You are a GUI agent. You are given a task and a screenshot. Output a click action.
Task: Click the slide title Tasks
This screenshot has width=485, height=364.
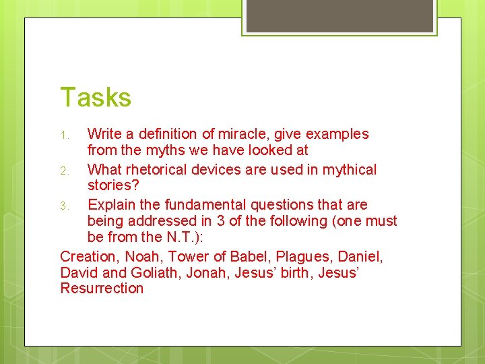[96, 97]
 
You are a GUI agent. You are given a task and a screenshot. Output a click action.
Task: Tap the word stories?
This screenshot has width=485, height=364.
[110, 185]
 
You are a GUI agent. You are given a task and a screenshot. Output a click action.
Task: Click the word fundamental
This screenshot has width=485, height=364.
[192, 204]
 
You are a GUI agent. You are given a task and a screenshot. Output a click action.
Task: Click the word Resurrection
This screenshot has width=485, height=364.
[102, 289]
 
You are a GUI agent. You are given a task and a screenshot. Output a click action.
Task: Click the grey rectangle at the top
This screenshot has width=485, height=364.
[339, 15]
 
